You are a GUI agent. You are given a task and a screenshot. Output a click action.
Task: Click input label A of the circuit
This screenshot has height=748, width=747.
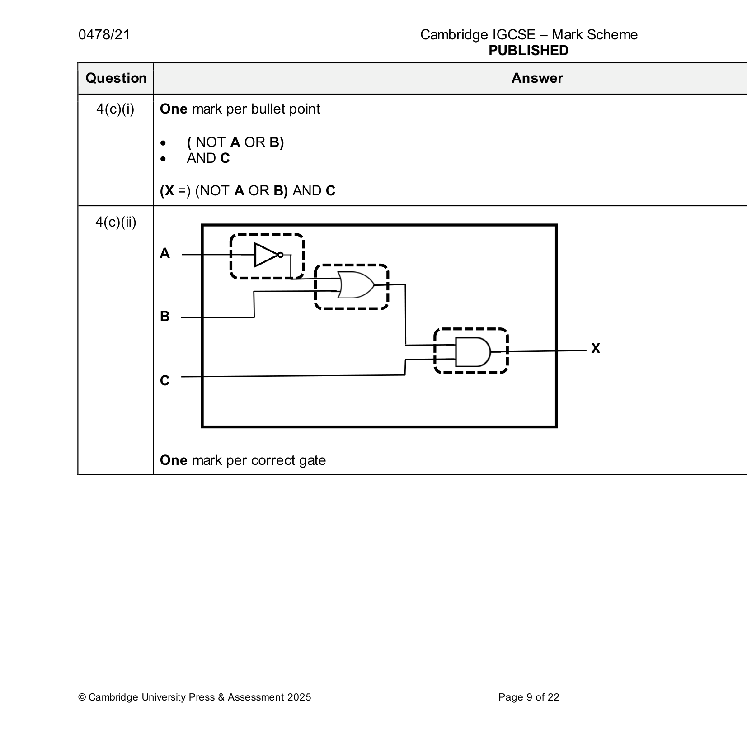click(x=165, y=253)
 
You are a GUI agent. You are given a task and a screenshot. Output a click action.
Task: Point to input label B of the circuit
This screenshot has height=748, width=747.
click(x=165, y=316)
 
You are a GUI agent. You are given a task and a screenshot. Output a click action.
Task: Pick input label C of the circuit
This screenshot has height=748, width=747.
click(x=165, y=380)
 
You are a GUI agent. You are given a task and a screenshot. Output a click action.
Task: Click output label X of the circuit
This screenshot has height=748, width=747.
click(x=596, y=348)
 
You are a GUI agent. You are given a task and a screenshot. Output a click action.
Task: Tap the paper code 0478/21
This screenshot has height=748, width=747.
click(x=104, y=35)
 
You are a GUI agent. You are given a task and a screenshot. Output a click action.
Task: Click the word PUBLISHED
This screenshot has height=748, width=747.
click(x=528, y=50)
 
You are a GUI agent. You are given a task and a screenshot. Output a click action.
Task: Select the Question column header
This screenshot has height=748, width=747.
click(x=116, y=78)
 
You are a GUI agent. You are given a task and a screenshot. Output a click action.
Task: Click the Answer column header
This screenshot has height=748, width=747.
click(x=537, y=78)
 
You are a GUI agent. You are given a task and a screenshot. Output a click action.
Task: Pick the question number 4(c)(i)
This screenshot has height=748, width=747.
click(x=115, y=109)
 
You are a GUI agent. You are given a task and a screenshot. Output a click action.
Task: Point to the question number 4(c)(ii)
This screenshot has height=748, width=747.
click(x=116, y=222)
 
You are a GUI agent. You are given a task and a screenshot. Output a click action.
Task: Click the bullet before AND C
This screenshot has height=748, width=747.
click(x=163, y=159)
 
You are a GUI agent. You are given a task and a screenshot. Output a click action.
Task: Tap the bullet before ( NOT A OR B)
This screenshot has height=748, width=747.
click(x=163, y=143)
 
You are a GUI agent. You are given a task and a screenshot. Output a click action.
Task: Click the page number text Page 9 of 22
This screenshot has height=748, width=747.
click(x=529, y=697)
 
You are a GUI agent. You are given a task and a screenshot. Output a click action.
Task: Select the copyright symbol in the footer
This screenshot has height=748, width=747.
click(x=82, y=697)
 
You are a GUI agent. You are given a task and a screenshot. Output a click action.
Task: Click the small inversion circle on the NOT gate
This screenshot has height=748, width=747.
click(x=280, y=255)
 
